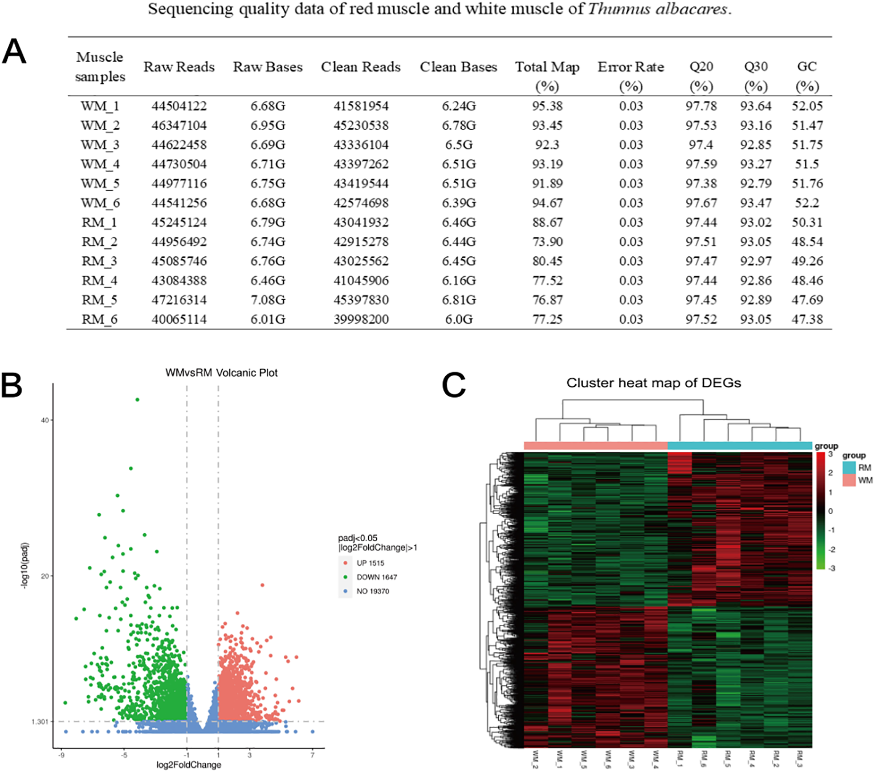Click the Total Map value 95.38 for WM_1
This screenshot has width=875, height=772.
(547, 106)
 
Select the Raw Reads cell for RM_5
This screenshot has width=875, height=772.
(179, 300)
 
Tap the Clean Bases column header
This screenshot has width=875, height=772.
(458, 67)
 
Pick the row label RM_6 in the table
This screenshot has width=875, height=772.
(99, 320)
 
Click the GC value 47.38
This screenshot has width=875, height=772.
(807, 320)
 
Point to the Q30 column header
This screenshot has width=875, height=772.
(755, 67)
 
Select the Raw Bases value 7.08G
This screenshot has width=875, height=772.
(268, 300)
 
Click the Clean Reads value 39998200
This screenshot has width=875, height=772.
(361, 320)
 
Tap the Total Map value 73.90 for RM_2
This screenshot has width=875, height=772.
(547, 242)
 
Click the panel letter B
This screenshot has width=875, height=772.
(13, 386)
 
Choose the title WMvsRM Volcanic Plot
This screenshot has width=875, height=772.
(221, 373)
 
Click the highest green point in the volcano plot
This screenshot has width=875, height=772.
(137, 400)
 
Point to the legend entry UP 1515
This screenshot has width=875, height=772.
(370, 563)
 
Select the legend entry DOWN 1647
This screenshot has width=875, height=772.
(376, 577)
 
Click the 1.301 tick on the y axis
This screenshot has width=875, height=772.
(40, 722)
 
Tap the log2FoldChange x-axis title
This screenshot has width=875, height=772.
(189, 765)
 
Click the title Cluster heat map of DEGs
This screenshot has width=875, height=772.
(653, 383)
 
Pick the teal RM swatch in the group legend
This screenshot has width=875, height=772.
(849, 468)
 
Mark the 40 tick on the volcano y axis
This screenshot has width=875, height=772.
(44, 420)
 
